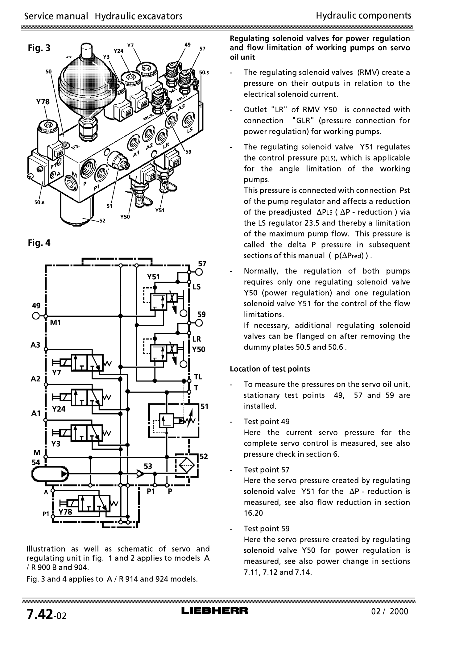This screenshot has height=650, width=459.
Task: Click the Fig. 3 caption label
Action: [x=39, y=48]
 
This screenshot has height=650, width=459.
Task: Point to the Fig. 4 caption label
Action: [x=39, y=243]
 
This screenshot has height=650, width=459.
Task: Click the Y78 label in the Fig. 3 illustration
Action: [x=43, y=102]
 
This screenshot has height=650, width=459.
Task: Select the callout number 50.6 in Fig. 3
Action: [x=39, y=203]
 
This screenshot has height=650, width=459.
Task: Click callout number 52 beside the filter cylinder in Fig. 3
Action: [x=102, y=221]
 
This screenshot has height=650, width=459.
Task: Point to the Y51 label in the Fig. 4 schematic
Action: [x=153, y=277]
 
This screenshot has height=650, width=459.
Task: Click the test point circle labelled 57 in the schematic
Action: [x=199, y=272]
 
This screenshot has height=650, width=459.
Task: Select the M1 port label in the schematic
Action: [x=56, y=323]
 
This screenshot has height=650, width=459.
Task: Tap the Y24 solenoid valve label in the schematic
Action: [x=59, y=409]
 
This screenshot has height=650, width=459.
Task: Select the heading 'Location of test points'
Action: [x=270, y=369]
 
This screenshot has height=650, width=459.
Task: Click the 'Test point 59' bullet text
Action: [x=267, y=529]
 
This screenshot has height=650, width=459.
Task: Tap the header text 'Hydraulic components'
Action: [x=363, y=15]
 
